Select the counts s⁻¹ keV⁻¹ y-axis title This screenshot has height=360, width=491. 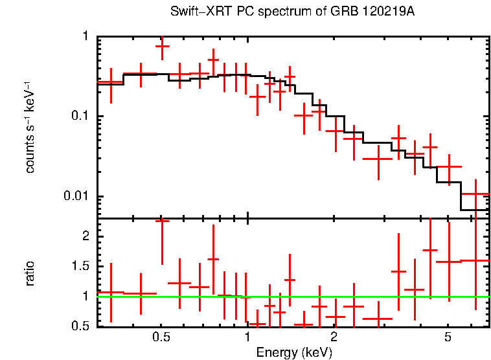30,126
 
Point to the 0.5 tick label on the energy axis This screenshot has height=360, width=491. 161,338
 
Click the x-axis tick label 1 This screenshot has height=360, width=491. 247,338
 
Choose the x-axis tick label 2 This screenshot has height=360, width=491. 334,338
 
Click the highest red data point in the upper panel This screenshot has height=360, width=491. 162,46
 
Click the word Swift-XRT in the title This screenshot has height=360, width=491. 194,12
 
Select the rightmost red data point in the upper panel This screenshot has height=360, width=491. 475,194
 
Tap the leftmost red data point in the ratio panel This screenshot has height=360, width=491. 111,292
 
